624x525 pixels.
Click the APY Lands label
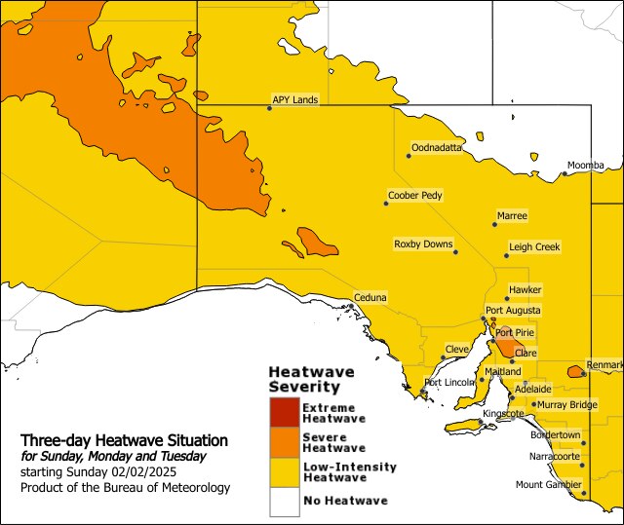294,99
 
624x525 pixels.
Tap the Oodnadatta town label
437,147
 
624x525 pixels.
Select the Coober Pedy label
414,195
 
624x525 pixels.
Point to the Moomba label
586,166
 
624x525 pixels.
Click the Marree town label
512,215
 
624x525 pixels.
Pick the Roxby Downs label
423,244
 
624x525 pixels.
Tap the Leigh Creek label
534,247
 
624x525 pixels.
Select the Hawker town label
525,290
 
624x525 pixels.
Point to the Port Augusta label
513,311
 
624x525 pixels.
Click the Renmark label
604,365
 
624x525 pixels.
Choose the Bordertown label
555,435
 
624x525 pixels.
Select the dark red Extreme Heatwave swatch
284,412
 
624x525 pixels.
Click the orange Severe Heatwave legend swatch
284,442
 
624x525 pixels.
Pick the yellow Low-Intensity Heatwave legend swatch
284,471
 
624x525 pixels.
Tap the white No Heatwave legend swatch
284,501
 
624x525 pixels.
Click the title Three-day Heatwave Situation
124,441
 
